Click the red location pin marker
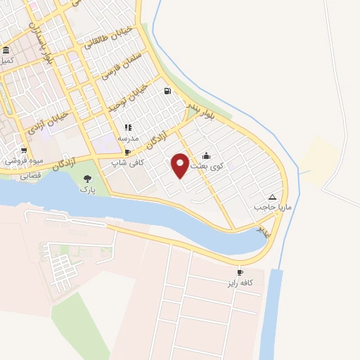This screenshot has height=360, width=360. [x=181, y=164]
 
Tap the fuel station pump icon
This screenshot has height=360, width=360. [x=167, y=90]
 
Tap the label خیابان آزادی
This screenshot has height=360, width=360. [x=47, y=122]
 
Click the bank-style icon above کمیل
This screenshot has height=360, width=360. [x=6, y=50]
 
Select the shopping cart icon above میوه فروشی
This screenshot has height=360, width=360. [x=24, y=150]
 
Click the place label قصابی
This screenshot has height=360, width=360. [x=30, y=176]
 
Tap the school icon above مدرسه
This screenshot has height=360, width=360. [x=128, y=127]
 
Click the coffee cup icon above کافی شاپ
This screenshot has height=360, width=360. [x=127, y=152]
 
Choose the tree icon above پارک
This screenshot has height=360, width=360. [x=87, y=179]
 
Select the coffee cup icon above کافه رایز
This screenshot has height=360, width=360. [x=240, y=272]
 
